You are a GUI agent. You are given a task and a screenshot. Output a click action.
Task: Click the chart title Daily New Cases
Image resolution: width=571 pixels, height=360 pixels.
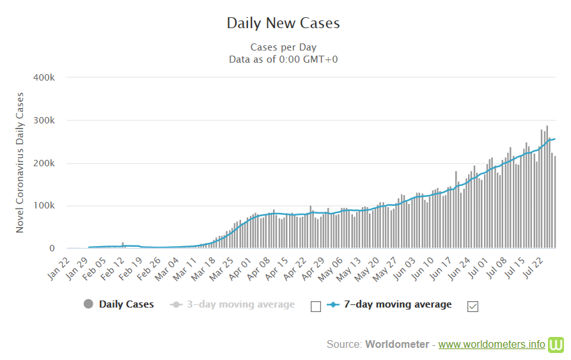coord(283,23)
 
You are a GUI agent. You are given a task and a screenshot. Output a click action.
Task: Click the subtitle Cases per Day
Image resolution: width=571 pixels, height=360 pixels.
coord(283,47)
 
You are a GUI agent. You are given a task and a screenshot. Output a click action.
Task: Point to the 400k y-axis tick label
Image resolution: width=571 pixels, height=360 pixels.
coord(46,77)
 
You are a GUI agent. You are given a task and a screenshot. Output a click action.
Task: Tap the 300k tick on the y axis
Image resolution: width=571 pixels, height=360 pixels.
coord(46,120)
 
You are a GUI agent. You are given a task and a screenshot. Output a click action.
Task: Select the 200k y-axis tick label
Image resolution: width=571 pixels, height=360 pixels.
coord(46,163)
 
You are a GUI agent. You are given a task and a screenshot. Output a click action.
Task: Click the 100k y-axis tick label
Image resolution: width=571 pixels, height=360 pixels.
coord(46,206)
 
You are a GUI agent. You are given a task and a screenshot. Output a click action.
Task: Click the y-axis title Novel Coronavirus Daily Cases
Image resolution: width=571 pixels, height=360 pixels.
coord(20,162)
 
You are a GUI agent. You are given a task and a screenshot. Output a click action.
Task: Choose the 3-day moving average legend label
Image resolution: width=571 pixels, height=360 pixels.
coord(240,304)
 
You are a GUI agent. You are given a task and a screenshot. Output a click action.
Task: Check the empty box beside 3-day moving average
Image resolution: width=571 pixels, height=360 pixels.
coord(315,306)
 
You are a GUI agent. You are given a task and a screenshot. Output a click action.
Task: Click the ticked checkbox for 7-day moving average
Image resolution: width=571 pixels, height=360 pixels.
coord(473,306)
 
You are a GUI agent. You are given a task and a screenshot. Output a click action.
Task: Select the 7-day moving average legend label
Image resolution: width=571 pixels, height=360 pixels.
coord(396,304)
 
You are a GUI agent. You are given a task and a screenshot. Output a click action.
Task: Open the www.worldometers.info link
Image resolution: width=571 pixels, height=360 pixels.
coord(492,345)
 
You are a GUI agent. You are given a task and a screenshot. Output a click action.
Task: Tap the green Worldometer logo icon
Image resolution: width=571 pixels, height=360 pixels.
coord(556,344)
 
